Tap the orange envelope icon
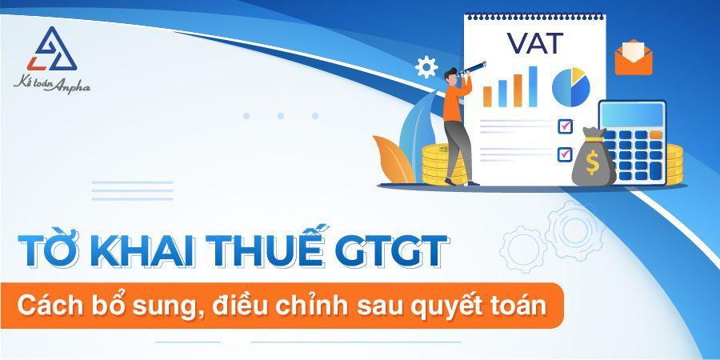[x=634, y=57]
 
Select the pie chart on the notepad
[x=570, y=86]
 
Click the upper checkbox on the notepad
[x=566, y=126]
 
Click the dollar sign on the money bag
[x=592, y=164]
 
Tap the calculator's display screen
[x=632, y=116]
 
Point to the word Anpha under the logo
[x=72, y=86]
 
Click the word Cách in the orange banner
[x=54, y=305]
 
